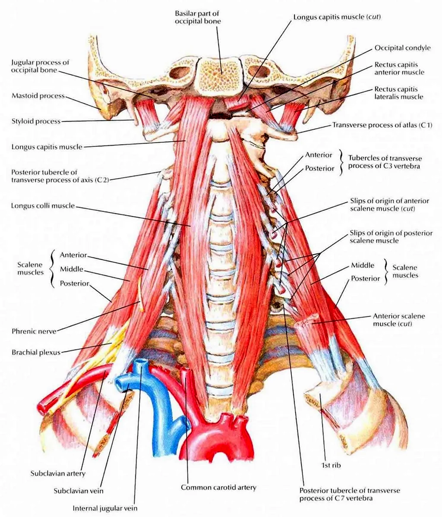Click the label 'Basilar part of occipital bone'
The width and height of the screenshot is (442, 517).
coord(198,17)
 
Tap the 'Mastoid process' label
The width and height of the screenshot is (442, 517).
coord(38,96)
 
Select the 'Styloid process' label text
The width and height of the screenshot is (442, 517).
coord(36,121)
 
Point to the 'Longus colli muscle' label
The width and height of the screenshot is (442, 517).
coord(43,206)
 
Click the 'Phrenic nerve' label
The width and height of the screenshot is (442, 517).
coord(34,331)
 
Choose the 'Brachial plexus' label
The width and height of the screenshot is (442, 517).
coord(36,352)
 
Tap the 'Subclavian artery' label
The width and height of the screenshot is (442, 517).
coord(58,473)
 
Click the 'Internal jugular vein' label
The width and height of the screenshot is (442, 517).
coord(105,508)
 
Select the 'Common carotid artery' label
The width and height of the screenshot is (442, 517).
coord(218,487)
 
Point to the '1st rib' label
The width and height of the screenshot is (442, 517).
coord(331,465)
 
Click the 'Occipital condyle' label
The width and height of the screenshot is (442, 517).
coord(402,48)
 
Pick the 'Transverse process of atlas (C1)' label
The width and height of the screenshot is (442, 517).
coord(382,125)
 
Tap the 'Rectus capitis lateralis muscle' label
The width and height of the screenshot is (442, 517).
coord(398,93)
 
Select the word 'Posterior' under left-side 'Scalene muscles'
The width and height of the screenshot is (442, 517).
coord(74,283)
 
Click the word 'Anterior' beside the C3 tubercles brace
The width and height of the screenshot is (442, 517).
coord(318,154)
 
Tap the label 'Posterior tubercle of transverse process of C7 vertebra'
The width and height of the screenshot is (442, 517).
coord(350,494)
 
